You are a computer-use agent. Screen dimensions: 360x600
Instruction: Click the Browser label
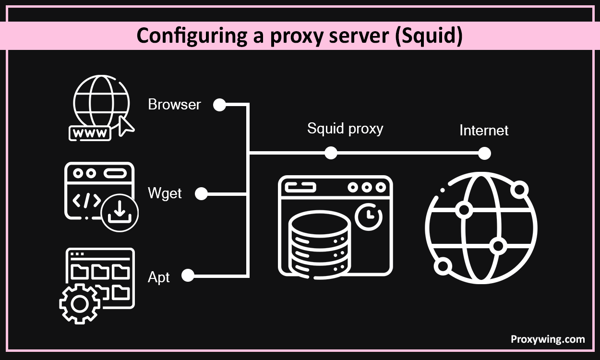tap(174, 105)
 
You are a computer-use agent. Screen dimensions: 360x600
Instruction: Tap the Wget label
tap(165, 194)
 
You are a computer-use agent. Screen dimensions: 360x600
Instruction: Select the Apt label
tap(159, 276)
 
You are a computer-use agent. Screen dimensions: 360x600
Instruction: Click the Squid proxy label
tap(345, 129)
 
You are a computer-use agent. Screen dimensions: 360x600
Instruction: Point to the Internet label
tap(483, 130)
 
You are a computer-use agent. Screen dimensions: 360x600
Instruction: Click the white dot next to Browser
tap(219, 105)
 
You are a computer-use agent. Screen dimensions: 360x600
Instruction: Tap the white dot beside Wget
tap(201, 194)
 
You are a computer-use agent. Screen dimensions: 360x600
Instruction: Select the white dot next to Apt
tap(188, 276)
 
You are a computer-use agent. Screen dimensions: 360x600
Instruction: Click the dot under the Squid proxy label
tap(330, 153)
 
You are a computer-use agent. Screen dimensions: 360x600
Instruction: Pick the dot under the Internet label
tap(484, 154)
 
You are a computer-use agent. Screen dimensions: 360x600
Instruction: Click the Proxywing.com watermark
tap(547, 339)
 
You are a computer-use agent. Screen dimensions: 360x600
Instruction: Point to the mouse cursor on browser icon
tap(126, 126)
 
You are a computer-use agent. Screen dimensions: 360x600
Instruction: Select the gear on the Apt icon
tap(80, 304)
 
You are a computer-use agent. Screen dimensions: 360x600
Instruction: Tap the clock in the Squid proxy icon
tap(369, 216)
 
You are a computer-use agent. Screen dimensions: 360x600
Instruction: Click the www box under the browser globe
tap(90, 133)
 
